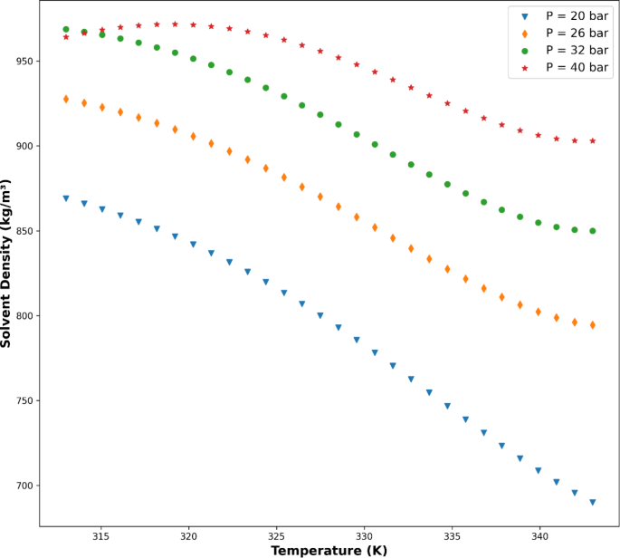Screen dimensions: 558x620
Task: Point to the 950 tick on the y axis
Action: pos(24,62)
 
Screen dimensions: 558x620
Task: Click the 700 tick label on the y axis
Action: pos(24,486)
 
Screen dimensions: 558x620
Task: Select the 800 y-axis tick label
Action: pos(24,316)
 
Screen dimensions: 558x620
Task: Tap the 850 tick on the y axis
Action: pos(24,231)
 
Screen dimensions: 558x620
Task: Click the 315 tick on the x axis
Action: pos(101,536)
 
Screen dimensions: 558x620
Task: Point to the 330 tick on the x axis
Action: pos(365,536)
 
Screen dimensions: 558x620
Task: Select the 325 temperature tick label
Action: pos(277,536)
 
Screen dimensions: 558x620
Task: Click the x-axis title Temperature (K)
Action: pos(329,550)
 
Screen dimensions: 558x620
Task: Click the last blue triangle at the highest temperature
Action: pos(593,502)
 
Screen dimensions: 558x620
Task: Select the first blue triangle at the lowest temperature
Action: pos(66,198)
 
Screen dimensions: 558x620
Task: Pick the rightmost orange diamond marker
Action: pos(593,325)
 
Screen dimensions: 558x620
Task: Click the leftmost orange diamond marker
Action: pos(66,99)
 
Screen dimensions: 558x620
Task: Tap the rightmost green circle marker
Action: pos(593,231)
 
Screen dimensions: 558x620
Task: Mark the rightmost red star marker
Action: pos(593,140)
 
